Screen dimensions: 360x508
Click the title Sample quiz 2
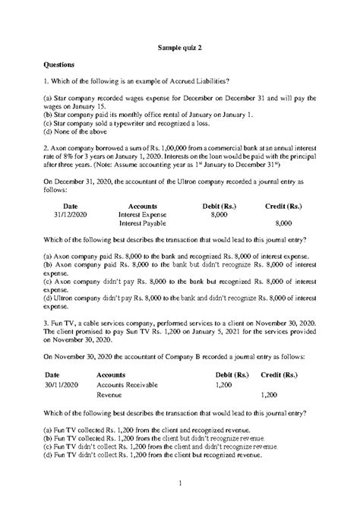click(179, 47)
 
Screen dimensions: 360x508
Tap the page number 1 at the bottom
click(180, 483)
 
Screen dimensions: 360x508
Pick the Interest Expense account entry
click(143, 215)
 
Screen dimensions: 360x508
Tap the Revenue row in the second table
click(110, 396)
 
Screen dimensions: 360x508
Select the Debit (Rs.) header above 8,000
click(219, 206)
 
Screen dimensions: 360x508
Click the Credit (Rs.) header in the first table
click(283, 206)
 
